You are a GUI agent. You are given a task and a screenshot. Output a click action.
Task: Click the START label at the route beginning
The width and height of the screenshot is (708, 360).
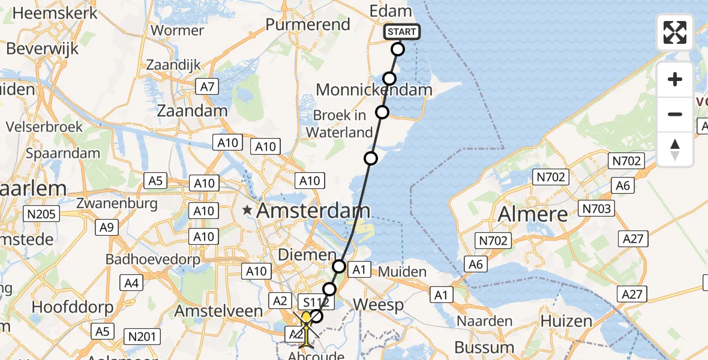click(401, 32)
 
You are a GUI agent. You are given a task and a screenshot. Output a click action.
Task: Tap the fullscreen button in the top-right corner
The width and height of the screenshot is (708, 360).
click(675, 32)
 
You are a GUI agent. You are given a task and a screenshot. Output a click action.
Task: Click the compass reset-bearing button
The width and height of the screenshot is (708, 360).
click(675, 149)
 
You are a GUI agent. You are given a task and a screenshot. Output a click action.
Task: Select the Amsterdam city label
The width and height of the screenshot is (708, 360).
click(313, 211)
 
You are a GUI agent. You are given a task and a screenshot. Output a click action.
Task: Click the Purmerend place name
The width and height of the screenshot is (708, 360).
click(307, 25)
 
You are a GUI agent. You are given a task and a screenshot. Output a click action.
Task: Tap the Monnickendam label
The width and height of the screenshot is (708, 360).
click(373, 90)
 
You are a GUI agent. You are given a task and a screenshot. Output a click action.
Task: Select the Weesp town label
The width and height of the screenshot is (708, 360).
click(378, 304)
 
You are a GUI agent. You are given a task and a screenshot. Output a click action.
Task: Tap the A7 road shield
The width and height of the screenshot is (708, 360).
click(207, 87)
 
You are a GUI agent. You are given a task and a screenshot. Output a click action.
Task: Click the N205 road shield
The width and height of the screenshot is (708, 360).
click(40, 214)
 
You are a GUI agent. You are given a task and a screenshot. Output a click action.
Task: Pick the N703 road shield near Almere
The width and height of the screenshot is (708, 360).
click(596, 209)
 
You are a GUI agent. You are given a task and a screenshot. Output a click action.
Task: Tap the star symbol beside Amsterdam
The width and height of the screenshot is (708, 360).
click(247, 210)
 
